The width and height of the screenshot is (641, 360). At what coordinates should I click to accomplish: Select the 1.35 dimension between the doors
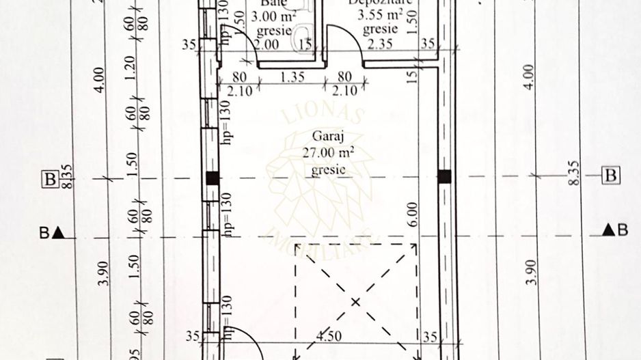click(x=293, y=78)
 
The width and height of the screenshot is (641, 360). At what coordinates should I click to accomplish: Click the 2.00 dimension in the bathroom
click(x=267, y=44)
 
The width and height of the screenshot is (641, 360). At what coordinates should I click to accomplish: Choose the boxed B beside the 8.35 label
click(x=611, y=176)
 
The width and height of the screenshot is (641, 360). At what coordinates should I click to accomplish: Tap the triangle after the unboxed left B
click(x=59, y=232)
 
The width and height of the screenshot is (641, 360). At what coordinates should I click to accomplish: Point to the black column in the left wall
click(x=213, y=178)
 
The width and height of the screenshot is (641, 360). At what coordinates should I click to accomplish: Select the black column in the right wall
click(x=445, y=176)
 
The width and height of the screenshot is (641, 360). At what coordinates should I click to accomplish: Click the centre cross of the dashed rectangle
click(x=355, y=301)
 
